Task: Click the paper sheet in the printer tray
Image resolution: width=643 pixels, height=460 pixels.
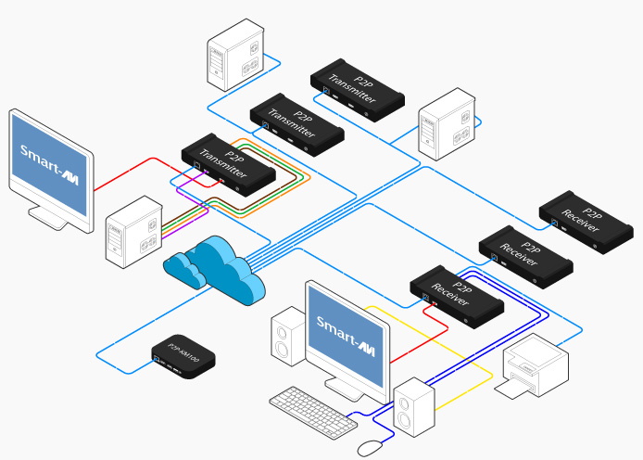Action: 520,389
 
